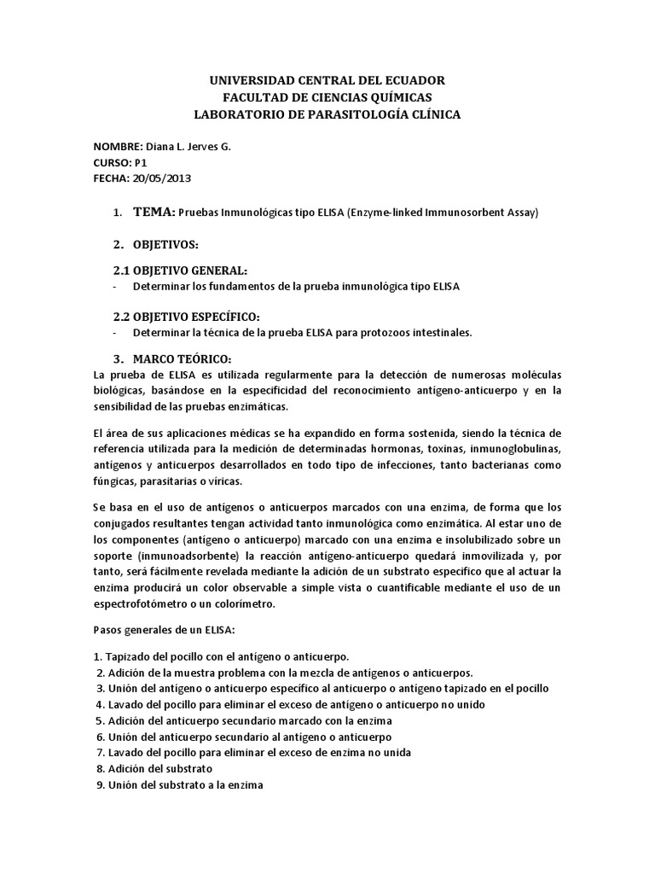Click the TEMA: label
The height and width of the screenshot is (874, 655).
point(154,213)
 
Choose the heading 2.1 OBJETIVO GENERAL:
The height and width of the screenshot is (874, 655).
point(181,270)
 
